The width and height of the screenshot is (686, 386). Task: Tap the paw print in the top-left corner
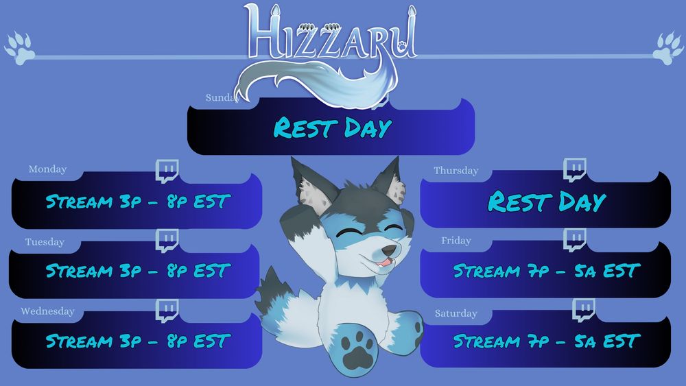tap(19, 48)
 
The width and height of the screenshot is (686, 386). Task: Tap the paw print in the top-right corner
tap(668, 48)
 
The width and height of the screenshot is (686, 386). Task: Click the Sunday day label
tap(222, 97)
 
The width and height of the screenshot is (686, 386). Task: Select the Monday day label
tap(48, 169)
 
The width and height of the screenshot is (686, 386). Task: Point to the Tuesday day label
tap(45, 242)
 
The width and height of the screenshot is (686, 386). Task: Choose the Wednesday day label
tap(48, 311)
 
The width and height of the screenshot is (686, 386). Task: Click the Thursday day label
tap(456, 171)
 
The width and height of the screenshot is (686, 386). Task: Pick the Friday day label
tap(456, 241)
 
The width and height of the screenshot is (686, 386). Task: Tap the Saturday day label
tap(456, 313)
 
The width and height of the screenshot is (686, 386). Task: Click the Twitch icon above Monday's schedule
tap(167, 171)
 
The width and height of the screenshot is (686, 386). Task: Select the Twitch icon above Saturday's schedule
tap(584, 310)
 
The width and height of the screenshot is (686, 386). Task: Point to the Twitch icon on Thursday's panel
tap(574, 169)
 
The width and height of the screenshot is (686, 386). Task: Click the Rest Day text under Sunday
tap(333, 128)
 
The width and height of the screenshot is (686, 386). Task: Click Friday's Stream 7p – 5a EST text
tap(547, 271)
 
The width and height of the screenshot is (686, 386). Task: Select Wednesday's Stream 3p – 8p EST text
tap(139, 341)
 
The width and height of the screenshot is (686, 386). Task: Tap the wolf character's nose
tap(388, 250)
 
